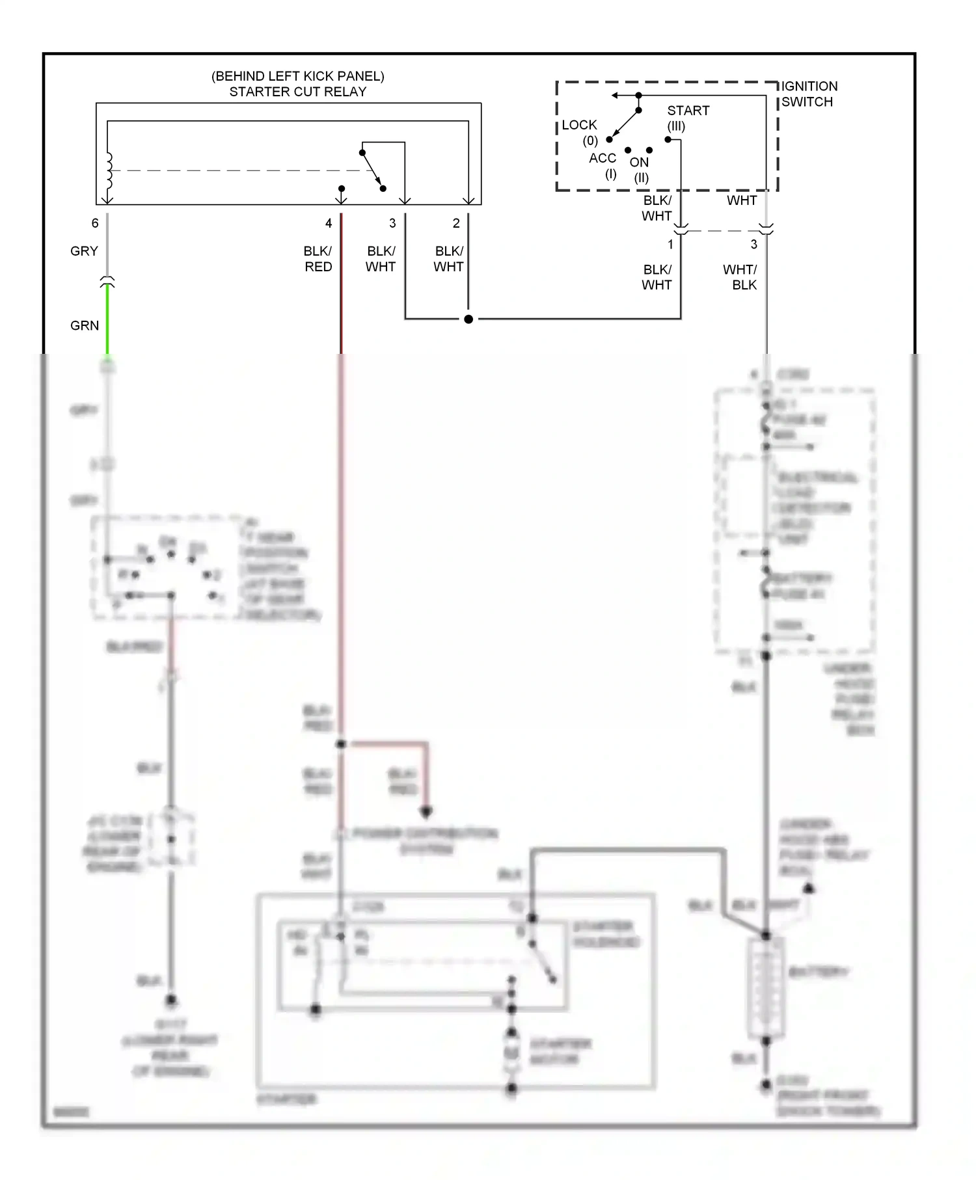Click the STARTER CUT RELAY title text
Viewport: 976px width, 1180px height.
(x=297, y=92)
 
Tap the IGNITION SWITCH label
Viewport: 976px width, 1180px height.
(x=808, y=94)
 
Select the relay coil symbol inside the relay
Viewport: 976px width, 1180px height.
(x=109, y=170)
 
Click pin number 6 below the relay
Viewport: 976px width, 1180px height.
(x=95, y=223)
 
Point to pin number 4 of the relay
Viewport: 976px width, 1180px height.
(x=329, y=223)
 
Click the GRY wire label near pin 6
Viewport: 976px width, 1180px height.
(x=84, y=251)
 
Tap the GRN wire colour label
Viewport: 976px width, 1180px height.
(x=85, y=325)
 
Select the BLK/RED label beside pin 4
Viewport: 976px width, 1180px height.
(x=318, y=259)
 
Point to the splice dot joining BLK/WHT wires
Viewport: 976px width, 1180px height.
(x=468, y=319)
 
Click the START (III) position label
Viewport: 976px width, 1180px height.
(x=687, y=118)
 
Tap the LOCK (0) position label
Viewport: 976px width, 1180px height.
(x=579, y=132)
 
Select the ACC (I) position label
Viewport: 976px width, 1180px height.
(x=603, y=165)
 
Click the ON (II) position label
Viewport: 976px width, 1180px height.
(x=640, y=169)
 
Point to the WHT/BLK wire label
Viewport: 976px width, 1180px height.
(x=740, y=277)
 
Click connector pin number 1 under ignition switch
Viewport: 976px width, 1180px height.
(x=670, y=245)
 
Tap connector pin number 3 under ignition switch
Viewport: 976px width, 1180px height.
(x=753, y=245)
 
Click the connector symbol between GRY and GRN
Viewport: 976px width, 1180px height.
(x=107, y=282)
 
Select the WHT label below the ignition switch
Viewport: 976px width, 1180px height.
(x=741, y=200)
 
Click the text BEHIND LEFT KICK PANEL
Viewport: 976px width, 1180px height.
(x=297, y=76)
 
